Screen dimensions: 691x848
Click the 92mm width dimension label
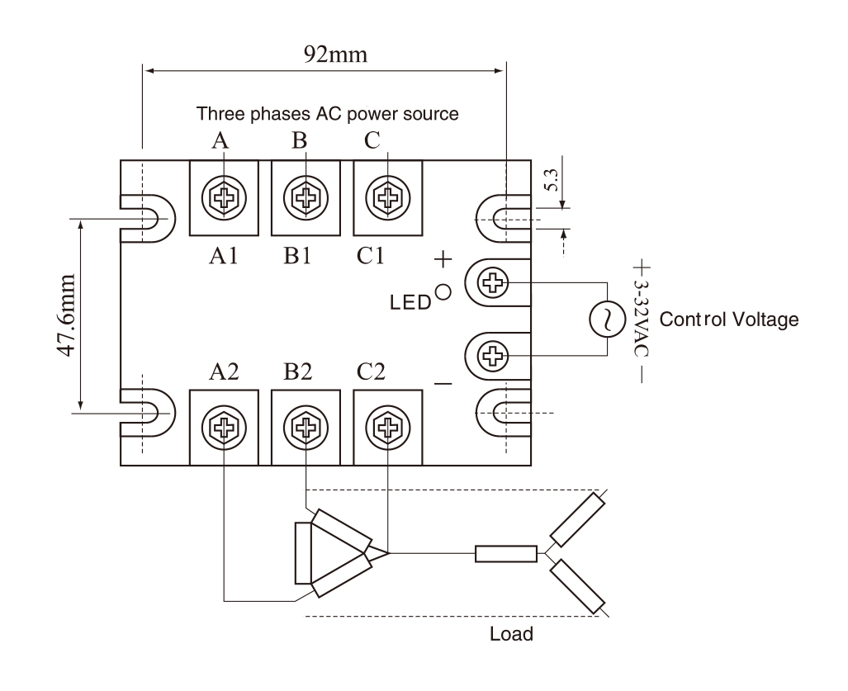coord(325,54)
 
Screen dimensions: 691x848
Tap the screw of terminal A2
coord(224,427)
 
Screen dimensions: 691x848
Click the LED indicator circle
coord(443,291)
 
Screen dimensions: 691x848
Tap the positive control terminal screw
coord(495,283)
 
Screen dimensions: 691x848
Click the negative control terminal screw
coord(495,357)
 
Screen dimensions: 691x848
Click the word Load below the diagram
coord(511,634)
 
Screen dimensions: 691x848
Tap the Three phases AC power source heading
coord(327,114)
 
